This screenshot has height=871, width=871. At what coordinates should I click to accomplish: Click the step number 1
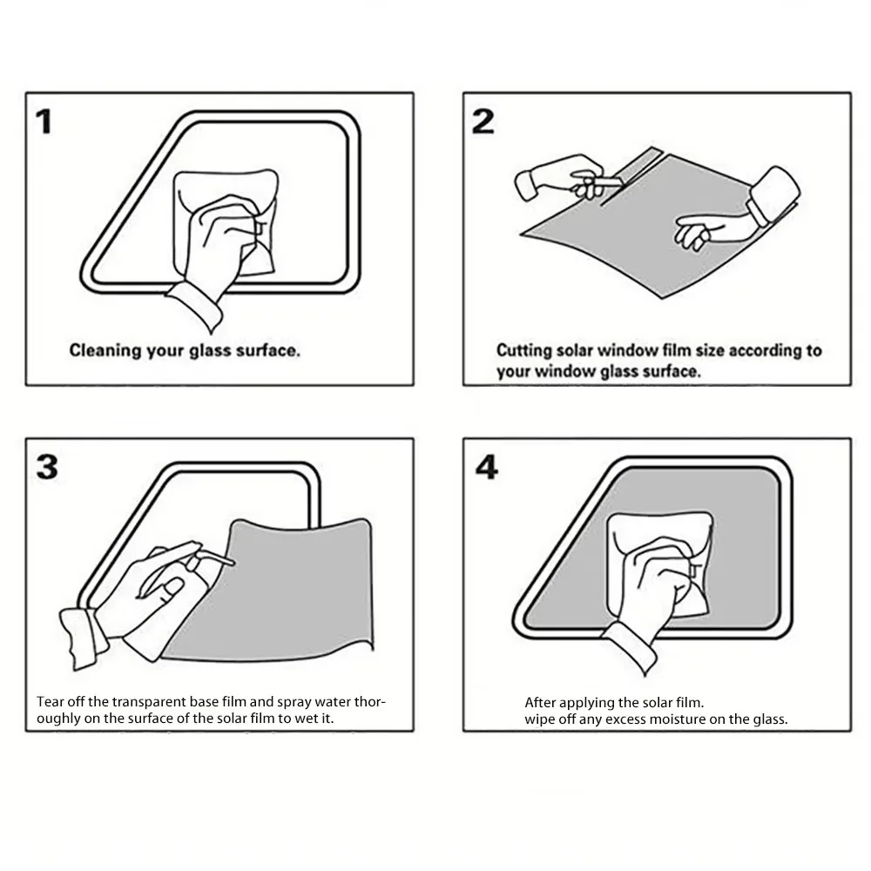click(x=43, y=122)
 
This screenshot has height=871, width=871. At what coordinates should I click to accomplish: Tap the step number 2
click(x=483, y=122)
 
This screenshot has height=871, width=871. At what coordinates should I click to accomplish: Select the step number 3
click(x=47, y=467)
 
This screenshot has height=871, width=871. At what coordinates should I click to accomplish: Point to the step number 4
click(x=486, y=468)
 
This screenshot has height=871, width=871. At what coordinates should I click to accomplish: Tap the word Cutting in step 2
click(x=523, y=351)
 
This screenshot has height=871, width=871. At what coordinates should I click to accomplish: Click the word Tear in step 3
click(x=49, y=702)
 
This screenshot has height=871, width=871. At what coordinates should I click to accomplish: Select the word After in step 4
click(x=540, y=702)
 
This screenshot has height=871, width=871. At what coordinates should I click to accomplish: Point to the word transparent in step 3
click(x=132, y=702)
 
